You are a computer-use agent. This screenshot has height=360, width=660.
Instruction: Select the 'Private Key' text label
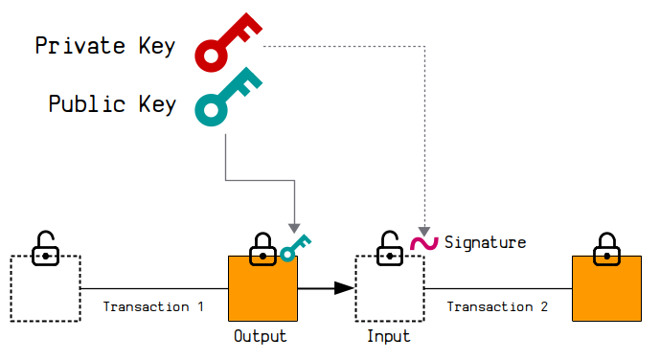pos(104,46)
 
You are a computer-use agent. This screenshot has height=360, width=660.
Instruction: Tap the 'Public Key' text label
pos(112,103)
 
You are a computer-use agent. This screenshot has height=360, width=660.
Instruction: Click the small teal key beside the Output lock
pos(295,249)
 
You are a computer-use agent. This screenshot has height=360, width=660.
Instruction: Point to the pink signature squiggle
pos(424,243)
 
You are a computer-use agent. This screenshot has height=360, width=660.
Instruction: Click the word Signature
pos(485,242)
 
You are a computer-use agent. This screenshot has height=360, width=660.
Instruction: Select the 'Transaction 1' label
pos(153,306)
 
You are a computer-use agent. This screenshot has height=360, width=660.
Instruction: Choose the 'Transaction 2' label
pos(497,306)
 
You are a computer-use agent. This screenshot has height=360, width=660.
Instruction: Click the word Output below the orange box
pos(261,336)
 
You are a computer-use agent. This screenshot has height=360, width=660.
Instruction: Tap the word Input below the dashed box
pos(389,336)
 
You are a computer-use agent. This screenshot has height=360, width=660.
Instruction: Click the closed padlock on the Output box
pos(262,249)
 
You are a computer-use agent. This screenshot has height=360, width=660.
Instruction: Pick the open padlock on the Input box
pos(389,249)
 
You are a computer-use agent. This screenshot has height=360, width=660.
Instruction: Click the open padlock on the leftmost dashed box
pos(45,249)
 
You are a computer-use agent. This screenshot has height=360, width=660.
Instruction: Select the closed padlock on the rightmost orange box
pos(606,249)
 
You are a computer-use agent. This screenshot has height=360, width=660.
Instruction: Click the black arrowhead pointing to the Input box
pos(344,288)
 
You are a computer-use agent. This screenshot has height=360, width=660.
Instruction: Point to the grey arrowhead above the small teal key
pos(294,228)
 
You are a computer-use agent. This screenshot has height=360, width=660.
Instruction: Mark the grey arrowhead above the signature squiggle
pos(424,232)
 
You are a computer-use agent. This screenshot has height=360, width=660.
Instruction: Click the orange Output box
pos(263,288)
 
